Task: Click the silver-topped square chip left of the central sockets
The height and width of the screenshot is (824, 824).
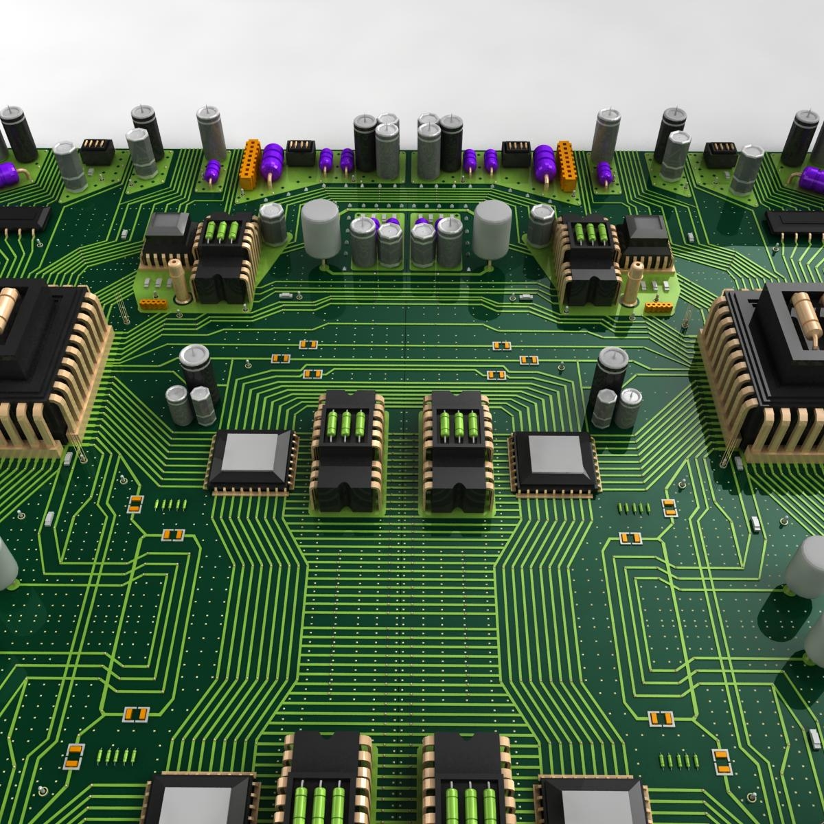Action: (251, 459)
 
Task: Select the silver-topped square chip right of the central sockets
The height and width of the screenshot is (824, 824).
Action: (553, 459)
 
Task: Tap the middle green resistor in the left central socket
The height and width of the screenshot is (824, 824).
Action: (345, 421)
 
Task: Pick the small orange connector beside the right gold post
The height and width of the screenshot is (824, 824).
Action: (658, 304)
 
